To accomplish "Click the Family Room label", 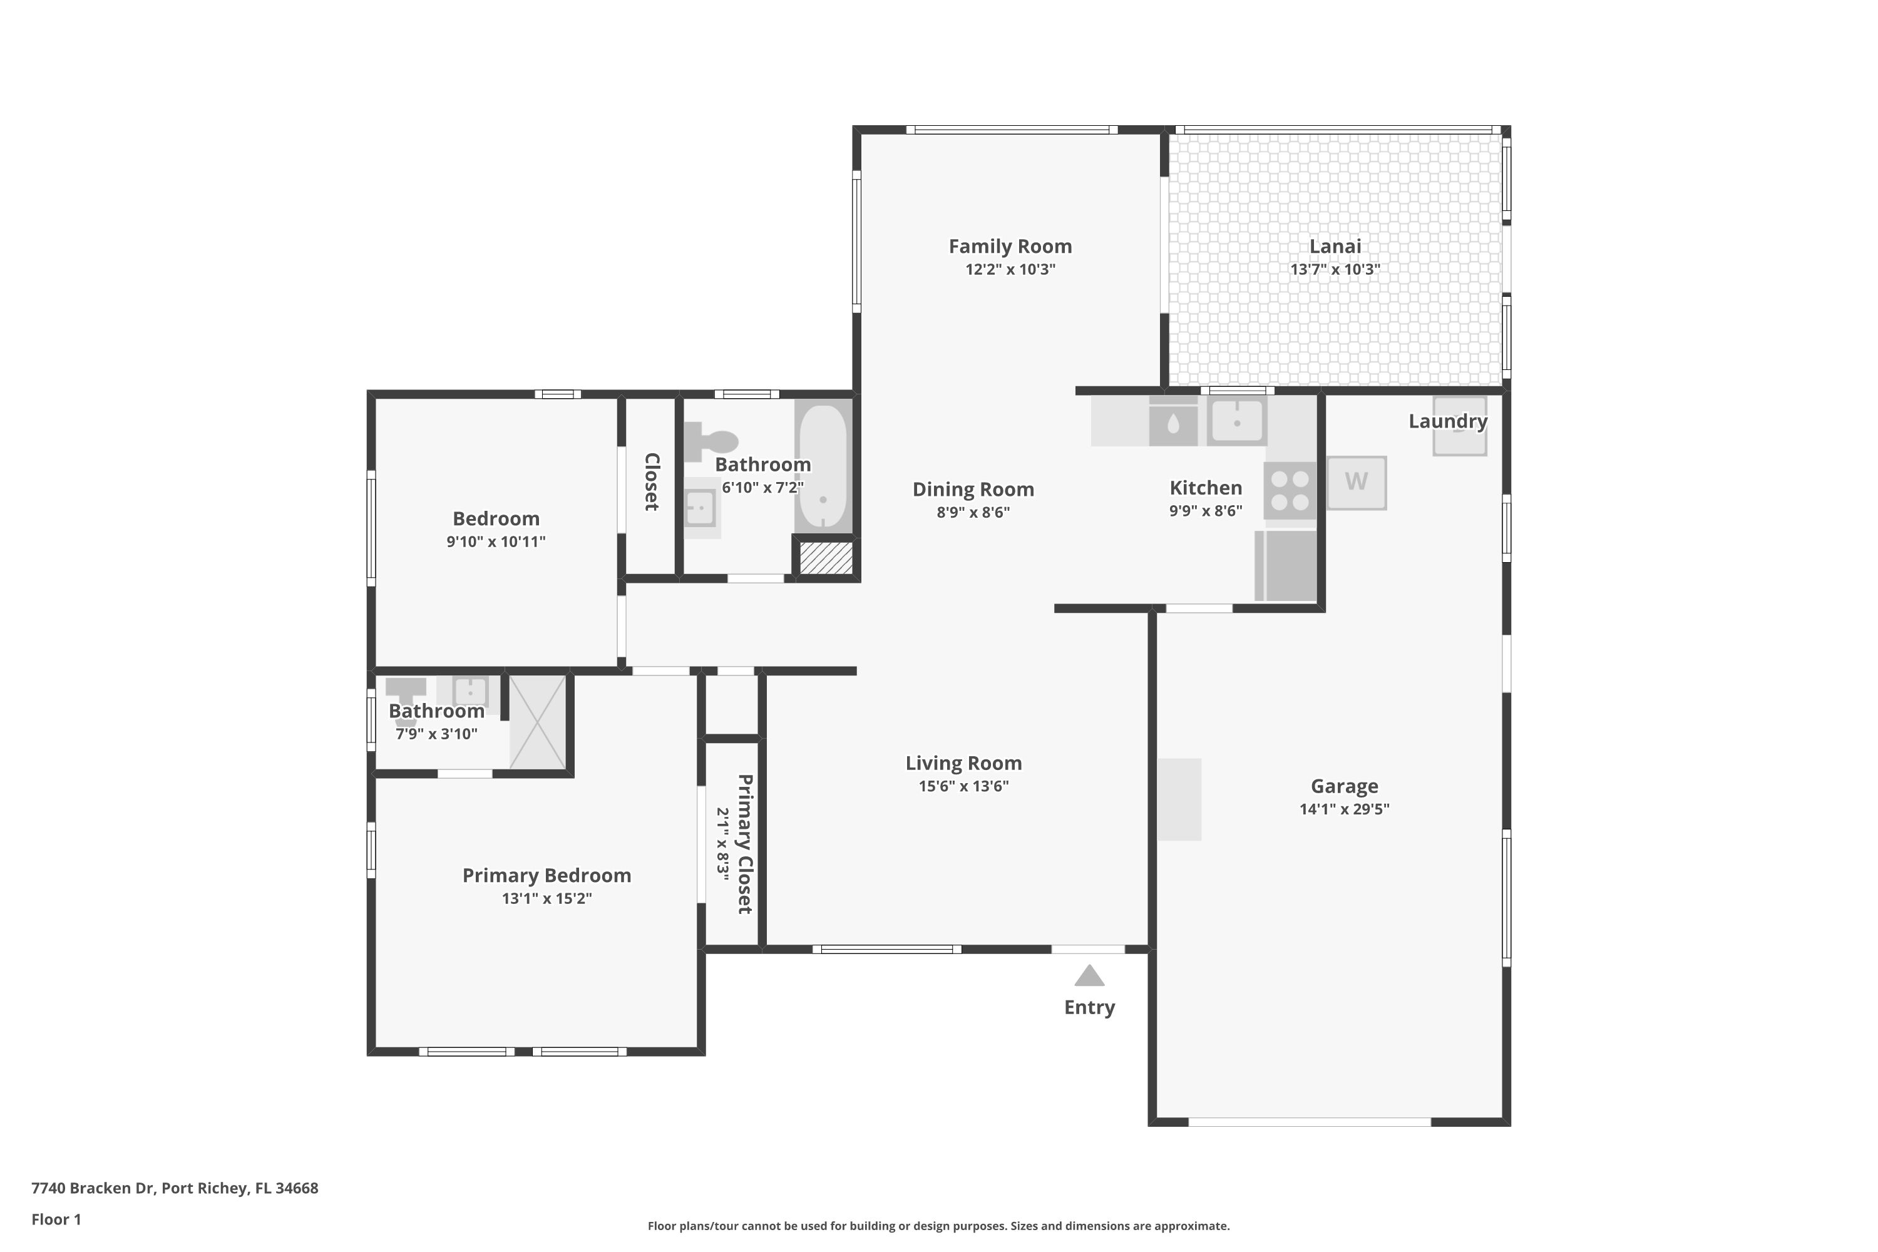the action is (1010, 247).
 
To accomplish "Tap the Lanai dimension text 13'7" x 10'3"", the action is (1335, 270).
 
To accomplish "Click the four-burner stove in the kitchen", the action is (1290, 490).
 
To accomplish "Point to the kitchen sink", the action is (1237, 421).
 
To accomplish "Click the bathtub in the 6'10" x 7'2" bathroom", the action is (823, 467).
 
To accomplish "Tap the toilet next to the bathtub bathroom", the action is (711, 441).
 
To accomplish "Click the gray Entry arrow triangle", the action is (1089, 976).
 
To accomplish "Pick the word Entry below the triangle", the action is (1089, 1008).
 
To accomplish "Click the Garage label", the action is (1345, 786).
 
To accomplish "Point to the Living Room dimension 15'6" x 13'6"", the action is (964, 786).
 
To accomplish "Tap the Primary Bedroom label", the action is (547, 876).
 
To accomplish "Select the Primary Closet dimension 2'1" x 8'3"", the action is (722, 844).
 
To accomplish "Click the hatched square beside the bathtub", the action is (826, 557).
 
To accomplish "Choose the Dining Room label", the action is (973, 490).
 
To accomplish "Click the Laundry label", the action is (1447, 421).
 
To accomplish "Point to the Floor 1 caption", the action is (57, 1219).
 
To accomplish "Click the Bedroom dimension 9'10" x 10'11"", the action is (496, 542).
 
